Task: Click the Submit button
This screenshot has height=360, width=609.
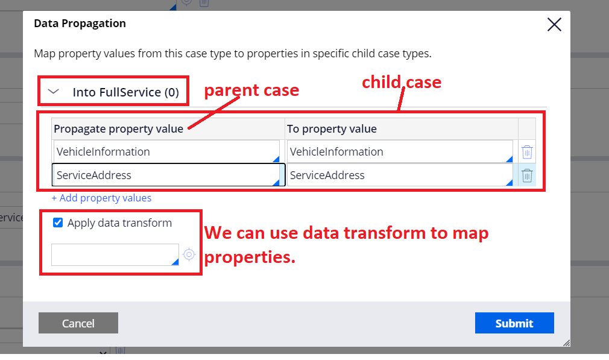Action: (x=514, y=323)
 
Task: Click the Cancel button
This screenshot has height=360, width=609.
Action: (x=78, y=323)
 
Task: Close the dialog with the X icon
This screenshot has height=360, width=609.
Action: (x=554, y=25)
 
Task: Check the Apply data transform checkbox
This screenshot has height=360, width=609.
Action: (x=58, y=223)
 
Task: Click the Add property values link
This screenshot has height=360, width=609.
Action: (x=101, y=198)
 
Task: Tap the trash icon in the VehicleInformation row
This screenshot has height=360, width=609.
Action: (x=527, y=152)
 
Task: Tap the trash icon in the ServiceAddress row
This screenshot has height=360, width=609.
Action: (x=527, y=175)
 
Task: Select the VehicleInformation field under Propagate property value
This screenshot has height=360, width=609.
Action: (x=166, y=152)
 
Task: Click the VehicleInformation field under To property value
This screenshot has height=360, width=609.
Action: (x=399, y=152)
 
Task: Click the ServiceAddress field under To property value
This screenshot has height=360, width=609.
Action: (x=399, y=175)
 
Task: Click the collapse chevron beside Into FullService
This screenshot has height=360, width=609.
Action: (x=54, y=92)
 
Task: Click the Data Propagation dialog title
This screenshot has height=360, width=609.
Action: (x=80, y=24)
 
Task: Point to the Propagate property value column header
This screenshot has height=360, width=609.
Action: (x=118, y=128)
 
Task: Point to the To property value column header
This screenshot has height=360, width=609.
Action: (x=332, y=128)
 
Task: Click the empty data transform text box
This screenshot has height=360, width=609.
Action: (x=115, y=254)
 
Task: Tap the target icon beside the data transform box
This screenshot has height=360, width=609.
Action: (x=189, y=254)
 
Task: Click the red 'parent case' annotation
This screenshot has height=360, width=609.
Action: (x=251, y=90)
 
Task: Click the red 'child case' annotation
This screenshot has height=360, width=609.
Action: (x=402, y=82)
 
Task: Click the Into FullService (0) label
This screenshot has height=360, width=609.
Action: (x=125, y=92)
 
